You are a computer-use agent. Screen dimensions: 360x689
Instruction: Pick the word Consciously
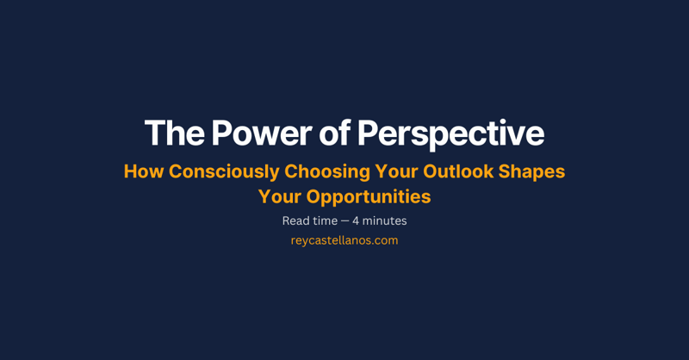pos(224,171)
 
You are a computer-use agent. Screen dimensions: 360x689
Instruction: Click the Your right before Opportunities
pos(279,196)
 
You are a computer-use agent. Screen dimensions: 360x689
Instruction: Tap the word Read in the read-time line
pos(295,220)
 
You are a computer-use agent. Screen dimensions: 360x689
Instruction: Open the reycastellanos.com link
pos(344,240)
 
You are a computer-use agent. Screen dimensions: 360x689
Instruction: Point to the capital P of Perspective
pos(366,133)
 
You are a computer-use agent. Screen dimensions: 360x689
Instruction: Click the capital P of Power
pos(221,133)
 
